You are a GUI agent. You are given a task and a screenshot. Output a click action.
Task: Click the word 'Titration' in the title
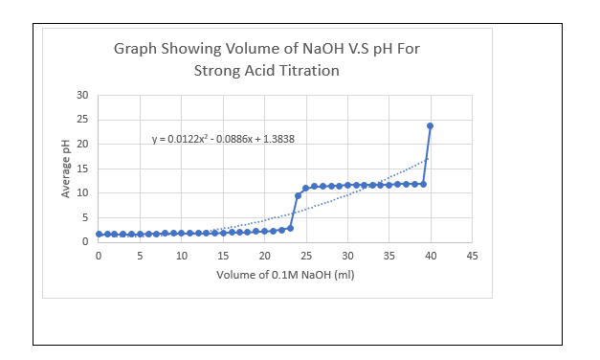click(x=308, y=70)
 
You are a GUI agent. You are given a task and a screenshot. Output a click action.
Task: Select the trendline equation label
click(x=223, y=139)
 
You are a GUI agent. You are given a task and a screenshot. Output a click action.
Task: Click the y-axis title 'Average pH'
click(x=66, y=169)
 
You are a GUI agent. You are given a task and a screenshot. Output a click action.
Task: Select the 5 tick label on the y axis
click(x=84, y=217)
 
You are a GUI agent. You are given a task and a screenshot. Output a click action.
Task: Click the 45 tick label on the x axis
click(x=472, y=257)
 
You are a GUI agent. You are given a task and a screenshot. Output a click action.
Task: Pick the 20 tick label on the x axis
click(x=264, y=257)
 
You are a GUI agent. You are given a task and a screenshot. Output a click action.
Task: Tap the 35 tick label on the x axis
click(x=389, y=257)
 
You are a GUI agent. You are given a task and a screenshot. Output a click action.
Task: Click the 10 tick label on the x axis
click(x=181, y=257)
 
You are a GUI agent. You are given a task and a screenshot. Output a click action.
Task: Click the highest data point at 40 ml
click(x=431, y=125)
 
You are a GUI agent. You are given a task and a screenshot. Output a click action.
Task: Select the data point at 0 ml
click(x=98, y=234)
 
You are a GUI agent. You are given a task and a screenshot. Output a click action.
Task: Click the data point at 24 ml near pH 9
click(x=298, y=195)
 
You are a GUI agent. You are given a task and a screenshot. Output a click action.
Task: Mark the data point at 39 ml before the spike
click(x=422, y=184)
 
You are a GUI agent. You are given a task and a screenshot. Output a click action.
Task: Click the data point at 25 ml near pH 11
click(x=305, y=188)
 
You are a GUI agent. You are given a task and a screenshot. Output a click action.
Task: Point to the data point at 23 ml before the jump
click(x=289, y=228)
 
